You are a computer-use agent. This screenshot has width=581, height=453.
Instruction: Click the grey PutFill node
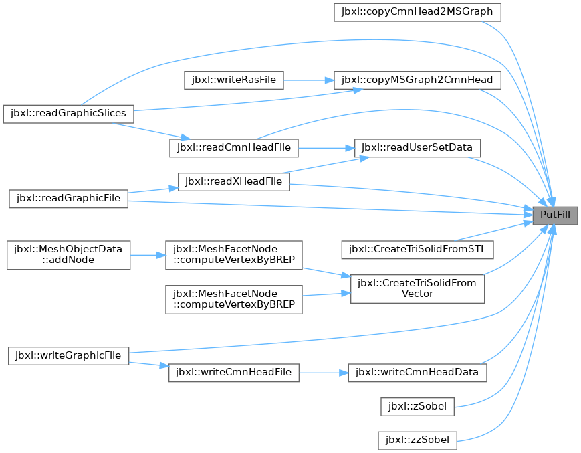555,215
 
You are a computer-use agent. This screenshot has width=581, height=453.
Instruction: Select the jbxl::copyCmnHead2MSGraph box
417,12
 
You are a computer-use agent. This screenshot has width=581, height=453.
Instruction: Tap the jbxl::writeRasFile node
234,80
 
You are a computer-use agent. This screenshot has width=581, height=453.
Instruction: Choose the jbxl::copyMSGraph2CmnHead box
417,80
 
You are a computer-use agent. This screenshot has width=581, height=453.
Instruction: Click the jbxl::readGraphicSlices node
69,114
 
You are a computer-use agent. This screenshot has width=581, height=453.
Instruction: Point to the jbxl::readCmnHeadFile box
234,148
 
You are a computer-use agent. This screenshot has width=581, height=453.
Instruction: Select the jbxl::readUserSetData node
417,148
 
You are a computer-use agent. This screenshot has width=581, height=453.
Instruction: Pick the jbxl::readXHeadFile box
234,182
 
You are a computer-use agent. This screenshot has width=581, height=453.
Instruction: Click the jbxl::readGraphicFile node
69,199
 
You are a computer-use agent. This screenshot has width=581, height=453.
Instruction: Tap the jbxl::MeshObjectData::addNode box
69,255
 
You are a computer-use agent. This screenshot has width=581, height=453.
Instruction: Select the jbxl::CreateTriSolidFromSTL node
417,250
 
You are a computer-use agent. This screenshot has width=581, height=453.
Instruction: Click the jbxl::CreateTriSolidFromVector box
417,289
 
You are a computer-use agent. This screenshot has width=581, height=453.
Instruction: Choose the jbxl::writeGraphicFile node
69,356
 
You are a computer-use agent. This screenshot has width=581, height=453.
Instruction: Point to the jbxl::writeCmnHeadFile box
234,373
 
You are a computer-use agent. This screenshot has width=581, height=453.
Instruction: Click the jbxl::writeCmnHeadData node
417,373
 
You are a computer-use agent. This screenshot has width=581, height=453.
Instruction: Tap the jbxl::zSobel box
417,407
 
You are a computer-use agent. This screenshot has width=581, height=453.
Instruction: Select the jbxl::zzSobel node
417,441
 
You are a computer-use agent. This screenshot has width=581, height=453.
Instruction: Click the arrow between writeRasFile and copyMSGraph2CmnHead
309,80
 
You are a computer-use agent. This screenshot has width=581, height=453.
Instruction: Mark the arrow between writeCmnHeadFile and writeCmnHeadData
324,373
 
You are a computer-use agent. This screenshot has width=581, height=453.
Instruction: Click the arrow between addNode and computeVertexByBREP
148,255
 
